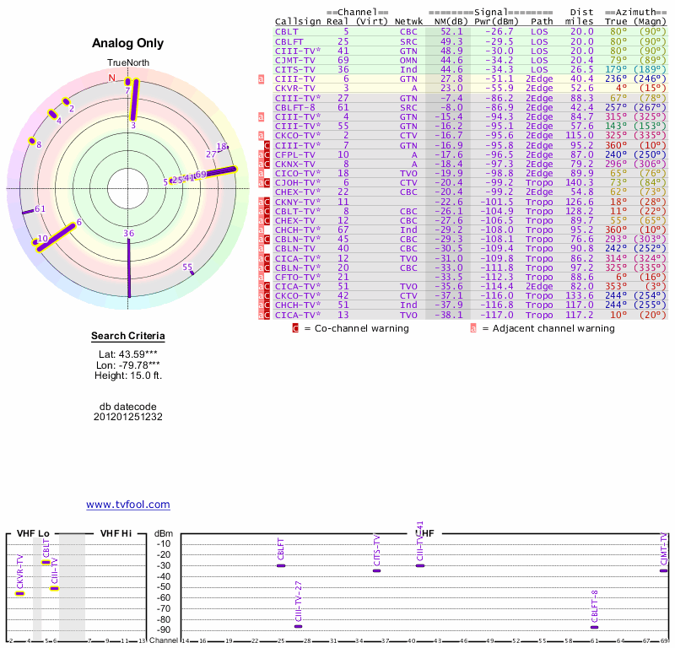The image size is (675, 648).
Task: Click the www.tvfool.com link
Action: click(x=127, y=505)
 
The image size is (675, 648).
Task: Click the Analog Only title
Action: click(x=127, y=44)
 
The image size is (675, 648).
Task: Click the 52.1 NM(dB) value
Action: click(x=451, y=30)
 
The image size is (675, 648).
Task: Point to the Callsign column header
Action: click(x=298, y=21)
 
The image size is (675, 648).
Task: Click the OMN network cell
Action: click(x=408, y=59)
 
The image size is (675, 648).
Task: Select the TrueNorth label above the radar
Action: click(x=127, y=63)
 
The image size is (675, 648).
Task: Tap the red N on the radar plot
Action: click(x=112, y=78)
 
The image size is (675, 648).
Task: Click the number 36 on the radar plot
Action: click(x=128, y=234)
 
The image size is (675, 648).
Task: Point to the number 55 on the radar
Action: click(x=187, y=267)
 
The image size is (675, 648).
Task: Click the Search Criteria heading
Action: click(x=127, y=337)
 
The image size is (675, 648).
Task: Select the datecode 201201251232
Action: click(x=127, y=417)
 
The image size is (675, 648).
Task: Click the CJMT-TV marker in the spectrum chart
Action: click(x=664, y=570)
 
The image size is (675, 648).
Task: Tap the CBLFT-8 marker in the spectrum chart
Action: click(x=595, y=627)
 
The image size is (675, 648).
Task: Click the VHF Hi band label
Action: click(x=116, y=533)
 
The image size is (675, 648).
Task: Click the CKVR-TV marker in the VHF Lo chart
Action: click(x=20, y=593)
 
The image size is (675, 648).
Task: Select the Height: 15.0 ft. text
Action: click(x=127, y=375)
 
